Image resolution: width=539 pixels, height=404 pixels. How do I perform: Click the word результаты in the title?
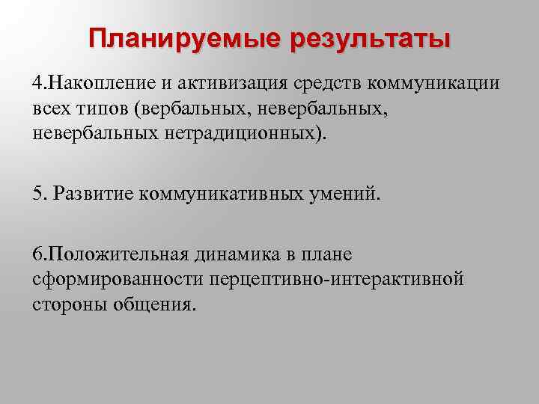[x=371, y=38]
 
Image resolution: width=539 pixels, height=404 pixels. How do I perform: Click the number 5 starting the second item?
[x=37, y=194]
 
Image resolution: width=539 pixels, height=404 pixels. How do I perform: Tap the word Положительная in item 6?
[x=112, y=254]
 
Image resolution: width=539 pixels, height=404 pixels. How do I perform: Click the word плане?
[x=326, y=254]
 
